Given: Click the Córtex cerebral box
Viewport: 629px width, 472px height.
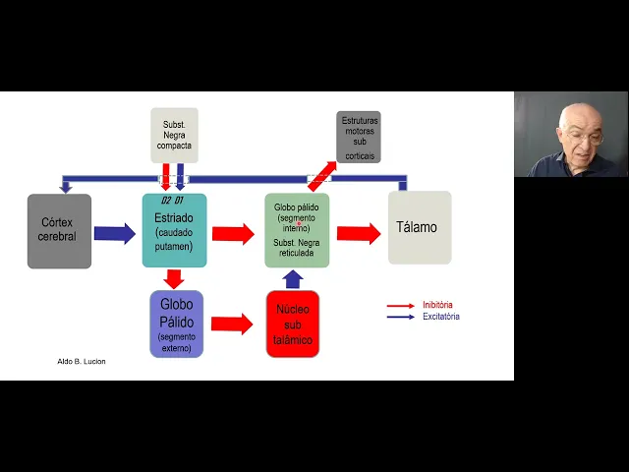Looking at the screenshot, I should click(59, 231).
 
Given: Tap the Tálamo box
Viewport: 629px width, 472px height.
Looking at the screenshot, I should click(419, 228).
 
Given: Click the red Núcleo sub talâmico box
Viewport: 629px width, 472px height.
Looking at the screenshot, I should click(292, 324).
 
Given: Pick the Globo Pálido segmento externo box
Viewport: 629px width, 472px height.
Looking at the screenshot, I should click(177, 323).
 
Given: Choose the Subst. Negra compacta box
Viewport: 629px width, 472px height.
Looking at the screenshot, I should click(174, 136).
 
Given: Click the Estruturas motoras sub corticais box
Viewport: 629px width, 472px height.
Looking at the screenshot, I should click(359, 137).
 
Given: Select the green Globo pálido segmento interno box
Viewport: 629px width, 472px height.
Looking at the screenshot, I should click(297, 230).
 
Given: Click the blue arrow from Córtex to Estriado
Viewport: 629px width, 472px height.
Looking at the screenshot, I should click(115, 234).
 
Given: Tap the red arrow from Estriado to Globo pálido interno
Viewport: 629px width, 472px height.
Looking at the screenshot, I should click(233, 234).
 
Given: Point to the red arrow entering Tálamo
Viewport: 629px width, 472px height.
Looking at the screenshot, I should click(358, 233).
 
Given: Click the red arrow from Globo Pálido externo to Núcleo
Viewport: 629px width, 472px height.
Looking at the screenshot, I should click(232, 324).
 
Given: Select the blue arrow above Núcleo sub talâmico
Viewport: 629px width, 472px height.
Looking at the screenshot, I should click(293, 278).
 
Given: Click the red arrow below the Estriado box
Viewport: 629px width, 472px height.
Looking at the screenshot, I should click(175, 278).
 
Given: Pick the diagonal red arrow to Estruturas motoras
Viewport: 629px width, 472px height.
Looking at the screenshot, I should click(321, 175).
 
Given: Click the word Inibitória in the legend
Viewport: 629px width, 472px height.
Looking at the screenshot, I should click(437, 305).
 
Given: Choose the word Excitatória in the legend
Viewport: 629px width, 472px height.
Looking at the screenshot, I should click(440, 317).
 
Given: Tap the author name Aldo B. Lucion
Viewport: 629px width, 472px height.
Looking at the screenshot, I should click(82, 361).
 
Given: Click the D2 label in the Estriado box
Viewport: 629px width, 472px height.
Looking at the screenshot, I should click(166, 201).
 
